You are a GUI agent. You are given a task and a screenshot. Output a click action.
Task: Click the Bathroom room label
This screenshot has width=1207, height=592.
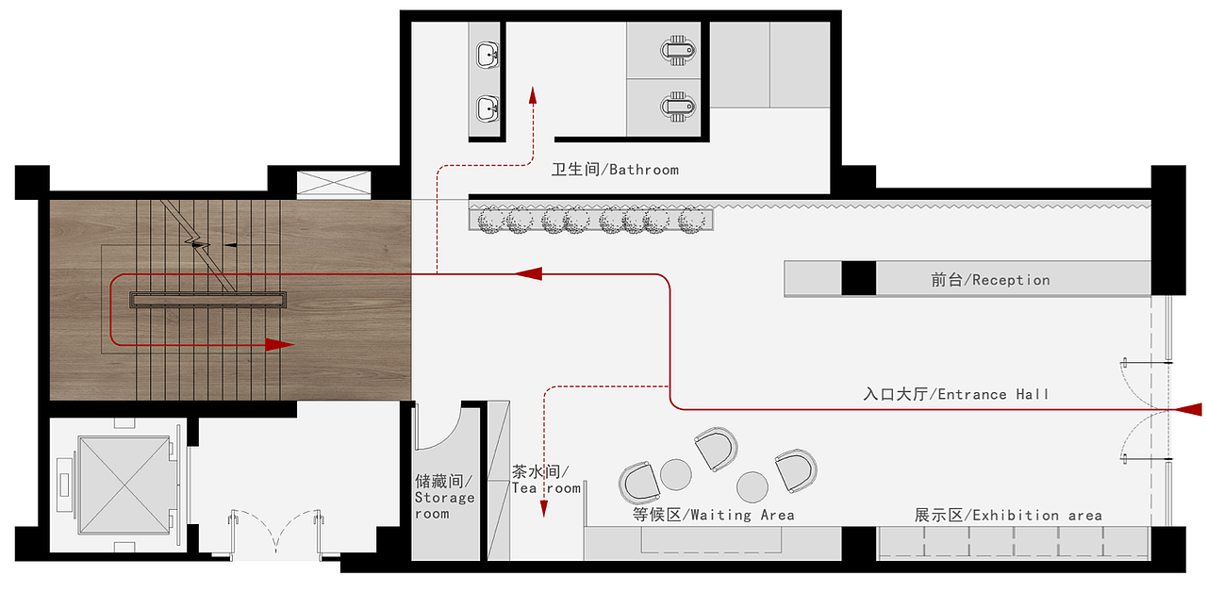[x=615, y=170]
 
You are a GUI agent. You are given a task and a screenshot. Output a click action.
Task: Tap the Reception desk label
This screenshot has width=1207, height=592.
[x=990, y=280]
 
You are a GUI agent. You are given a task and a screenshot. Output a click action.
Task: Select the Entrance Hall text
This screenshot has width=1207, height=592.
[x=956, y=394]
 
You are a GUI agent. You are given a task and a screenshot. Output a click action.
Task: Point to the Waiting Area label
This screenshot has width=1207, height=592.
[x=714, y=515]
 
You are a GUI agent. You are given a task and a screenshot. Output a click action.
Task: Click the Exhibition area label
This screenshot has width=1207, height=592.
[x=1008, y=516]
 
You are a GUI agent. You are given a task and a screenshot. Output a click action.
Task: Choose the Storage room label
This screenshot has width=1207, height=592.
[x=444, y=497]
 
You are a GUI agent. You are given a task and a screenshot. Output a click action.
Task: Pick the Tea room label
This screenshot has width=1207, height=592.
[x=546, y=480]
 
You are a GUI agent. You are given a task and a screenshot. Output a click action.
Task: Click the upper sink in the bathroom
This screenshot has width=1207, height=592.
[x=488, y=56]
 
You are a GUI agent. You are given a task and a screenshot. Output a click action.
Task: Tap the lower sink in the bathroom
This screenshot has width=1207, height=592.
[x=488, y=108]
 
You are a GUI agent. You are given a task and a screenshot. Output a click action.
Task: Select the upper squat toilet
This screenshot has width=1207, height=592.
[x=678, y=51]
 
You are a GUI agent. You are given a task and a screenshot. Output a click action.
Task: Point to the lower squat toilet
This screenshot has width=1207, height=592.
[x=678, y=107]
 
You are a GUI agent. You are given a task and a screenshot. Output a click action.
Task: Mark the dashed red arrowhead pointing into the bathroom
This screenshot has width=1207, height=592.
[x=533, y=95]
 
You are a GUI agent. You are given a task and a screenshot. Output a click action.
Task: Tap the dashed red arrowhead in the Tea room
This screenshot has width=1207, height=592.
[x=544, y=509]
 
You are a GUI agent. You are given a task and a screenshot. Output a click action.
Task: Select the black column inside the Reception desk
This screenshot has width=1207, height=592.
[x=858, y=278]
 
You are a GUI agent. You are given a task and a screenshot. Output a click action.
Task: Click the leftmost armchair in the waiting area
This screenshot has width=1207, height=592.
[x=639, y=483]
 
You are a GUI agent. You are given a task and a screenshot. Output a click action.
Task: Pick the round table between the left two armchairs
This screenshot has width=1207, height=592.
[x=676, y=474]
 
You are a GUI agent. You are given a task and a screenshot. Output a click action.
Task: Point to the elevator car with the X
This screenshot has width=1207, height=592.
[x=125, y=485]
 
